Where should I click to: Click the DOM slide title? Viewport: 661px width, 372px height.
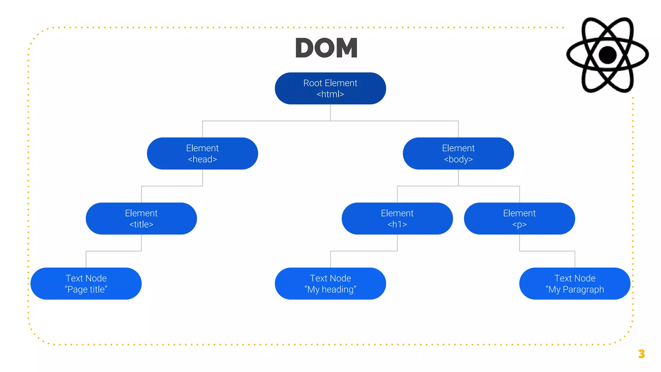point(326,48)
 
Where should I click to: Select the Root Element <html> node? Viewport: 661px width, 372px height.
point(330,88)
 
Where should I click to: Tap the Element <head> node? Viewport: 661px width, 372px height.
point(202,153)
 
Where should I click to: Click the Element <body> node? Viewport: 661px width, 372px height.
point(458,153)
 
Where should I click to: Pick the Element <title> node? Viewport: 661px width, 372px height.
point(141,219)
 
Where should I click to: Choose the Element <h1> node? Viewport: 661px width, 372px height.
point(397,219)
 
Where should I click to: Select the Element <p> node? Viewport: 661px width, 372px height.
point(519,219)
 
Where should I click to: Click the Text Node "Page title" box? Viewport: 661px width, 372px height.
point(86,284)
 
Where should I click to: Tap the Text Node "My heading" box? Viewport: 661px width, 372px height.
point(330,284)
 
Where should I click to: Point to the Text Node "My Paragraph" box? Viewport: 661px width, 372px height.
point(575,284)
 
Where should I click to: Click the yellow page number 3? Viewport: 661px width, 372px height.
point(641,354)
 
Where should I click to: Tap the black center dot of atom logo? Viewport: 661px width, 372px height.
point(607,55)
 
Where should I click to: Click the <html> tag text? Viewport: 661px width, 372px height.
point(330,94)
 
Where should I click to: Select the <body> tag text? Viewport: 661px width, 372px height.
point(458,159)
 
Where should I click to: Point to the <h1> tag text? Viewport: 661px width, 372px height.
point(397,224)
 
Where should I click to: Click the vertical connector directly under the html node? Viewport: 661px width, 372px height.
point(330,112)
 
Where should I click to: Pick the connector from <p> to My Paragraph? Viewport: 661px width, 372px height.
point(547,251)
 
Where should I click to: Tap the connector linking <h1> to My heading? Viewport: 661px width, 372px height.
point(364,251)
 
